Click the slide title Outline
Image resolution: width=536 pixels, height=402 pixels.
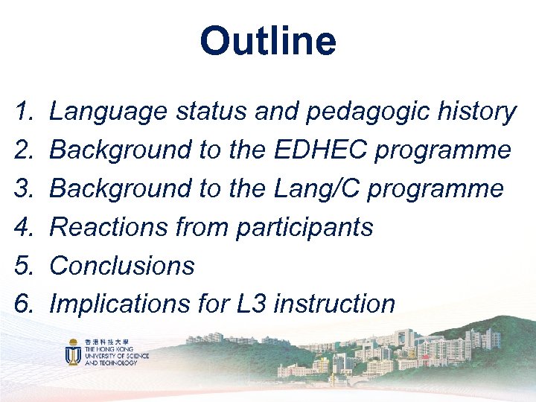(268, 42)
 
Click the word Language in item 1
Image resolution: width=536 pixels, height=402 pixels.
(108, 112)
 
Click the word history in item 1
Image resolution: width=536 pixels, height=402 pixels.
(476, 112)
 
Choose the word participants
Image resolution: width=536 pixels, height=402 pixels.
(304, 227)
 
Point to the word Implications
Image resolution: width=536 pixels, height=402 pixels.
(114, 304)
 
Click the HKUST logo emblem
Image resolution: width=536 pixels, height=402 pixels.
(73, 353)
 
